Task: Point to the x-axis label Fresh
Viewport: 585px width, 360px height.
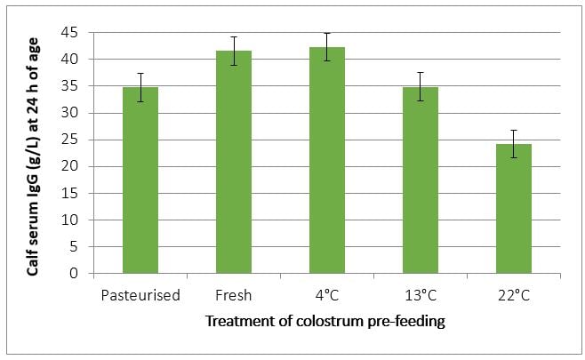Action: coord(233,295)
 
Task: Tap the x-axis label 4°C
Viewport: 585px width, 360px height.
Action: coord(326,295)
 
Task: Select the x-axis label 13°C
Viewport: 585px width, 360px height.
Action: coord(420,295)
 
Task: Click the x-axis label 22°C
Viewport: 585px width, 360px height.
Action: coord(513,295)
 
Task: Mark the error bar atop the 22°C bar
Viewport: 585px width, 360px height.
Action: coord(513,144)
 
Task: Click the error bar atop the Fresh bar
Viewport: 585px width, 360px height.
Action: coord(233,51)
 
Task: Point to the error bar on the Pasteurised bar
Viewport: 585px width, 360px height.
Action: coord(140,87)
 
